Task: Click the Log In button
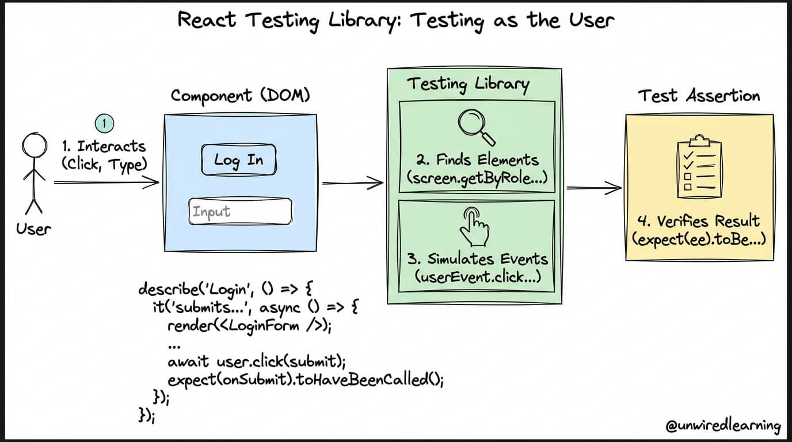tap(238, 159)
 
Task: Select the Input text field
tap(240, 212)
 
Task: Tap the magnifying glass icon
tap(477, 127)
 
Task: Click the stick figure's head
tap(35, 144)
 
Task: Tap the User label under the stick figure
tap(33, 229)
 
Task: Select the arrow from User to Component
tap(106, 183)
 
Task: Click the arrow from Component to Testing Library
tap(352, 184)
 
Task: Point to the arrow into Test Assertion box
tap(594, 187)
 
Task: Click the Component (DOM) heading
tap(240, 95)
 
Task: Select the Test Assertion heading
tap(699, 96)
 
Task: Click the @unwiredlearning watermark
tap(723, 426)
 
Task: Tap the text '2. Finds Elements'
tap(479, 159)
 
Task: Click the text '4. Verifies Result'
tap(699, 221)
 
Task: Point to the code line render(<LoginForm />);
tap(250, 326)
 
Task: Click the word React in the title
tap(208, 20)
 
